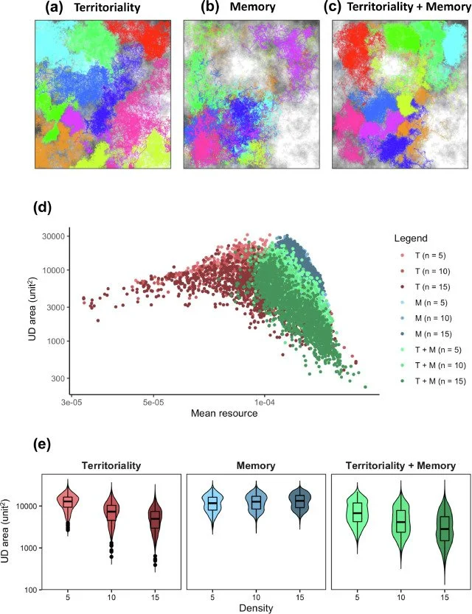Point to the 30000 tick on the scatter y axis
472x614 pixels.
tap(54, 236)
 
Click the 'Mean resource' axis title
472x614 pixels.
tap(223, 414)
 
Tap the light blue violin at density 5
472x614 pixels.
tap(213, 504)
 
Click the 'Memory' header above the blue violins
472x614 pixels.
tap(256, 465)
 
